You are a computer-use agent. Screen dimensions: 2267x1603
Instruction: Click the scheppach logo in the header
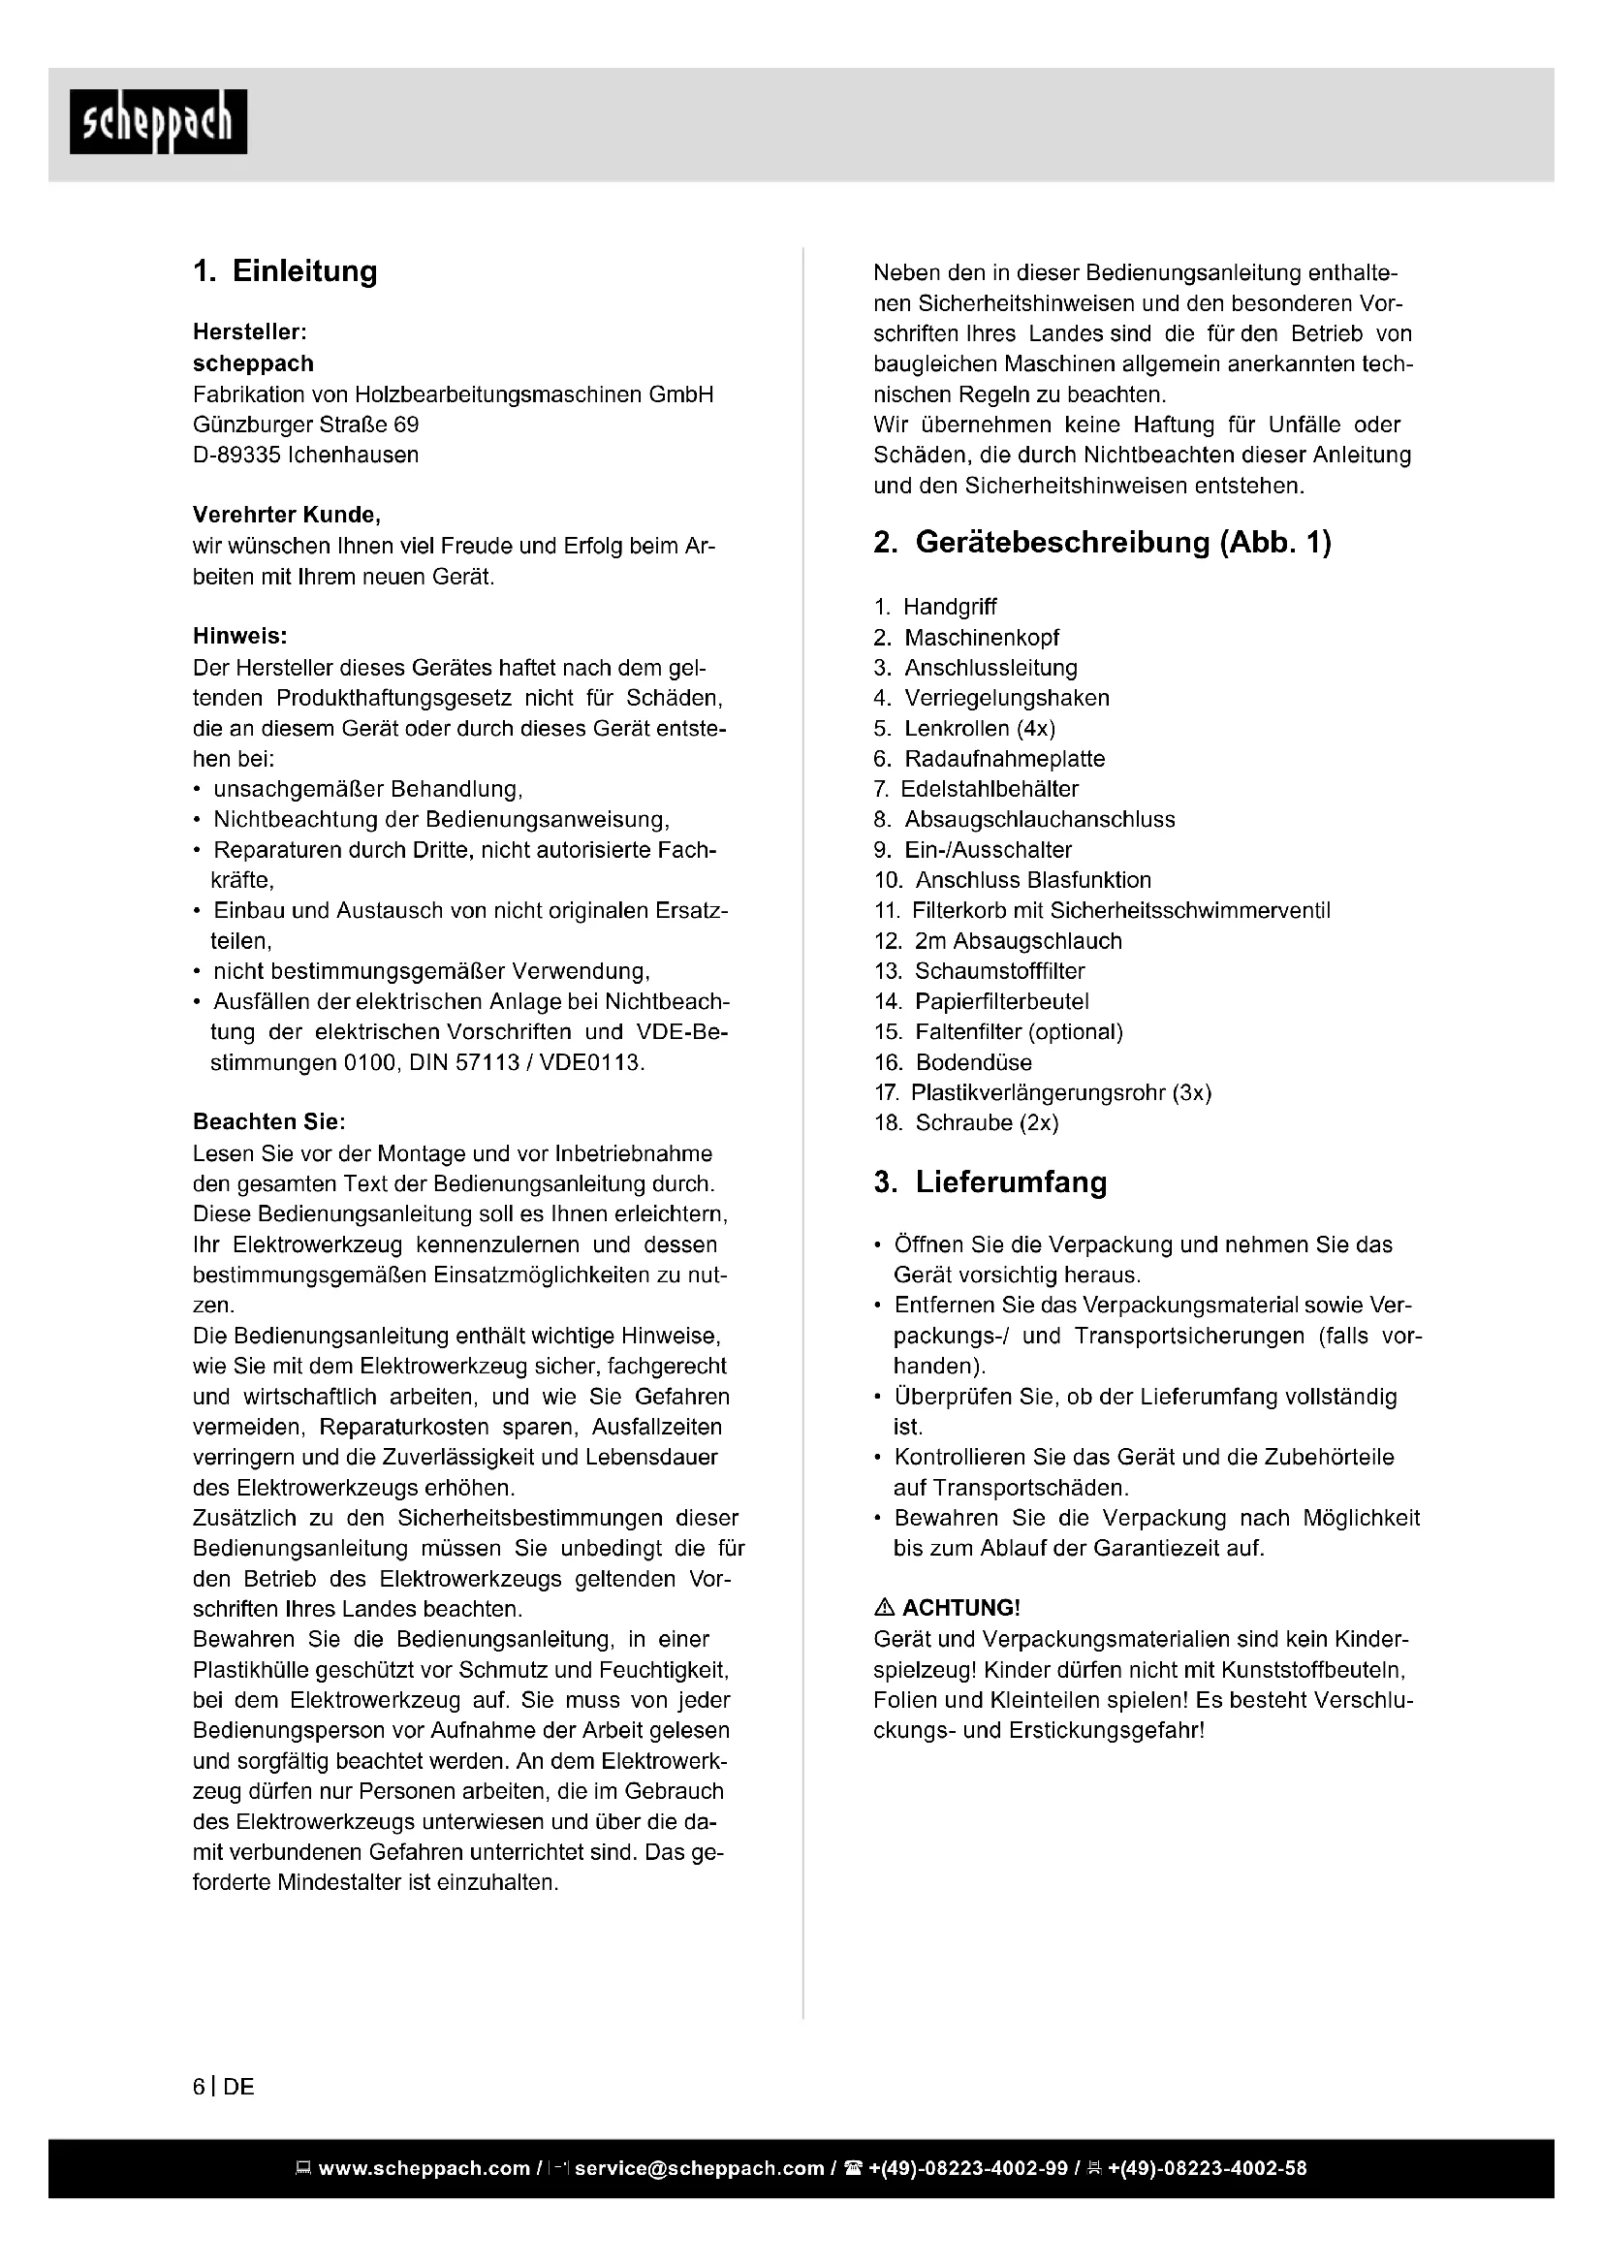(x=158, y=121)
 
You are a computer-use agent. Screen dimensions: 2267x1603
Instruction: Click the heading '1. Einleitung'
(x=285, y=271)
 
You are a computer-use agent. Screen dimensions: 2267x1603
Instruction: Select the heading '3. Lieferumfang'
(x=990, y=1181)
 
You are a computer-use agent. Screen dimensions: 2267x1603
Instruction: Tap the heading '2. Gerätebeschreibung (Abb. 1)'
(x=1102, y=542)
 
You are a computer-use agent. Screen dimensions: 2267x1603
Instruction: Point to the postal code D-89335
(x=235, y=456)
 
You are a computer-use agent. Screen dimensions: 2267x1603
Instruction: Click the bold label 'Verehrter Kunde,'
(x=286, y=515)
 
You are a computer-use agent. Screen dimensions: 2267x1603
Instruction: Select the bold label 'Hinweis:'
(x=239, y=636)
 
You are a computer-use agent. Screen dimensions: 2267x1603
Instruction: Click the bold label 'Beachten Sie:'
(x=268, y=1121)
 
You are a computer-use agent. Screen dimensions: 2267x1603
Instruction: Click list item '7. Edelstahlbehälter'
(x=976, y=789)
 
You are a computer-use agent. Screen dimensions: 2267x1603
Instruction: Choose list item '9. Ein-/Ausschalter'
(x=972, y=849)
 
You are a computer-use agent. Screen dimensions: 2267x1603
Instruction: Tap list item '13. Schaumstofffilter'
(x=979, y=970)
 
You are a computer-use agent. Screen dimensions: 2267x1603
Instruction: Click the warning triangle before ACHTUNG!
(x=885, y=1607)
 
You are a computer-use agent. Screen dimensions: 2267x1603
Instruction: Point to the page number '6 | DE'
(x=223, y=2087)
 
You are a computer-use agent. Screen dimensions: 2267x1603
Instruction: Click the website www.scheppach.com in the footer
(x=424, y=2168)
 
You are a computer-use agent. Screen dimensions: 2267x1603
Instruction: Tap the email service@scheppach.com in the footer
(x=699, y=2168)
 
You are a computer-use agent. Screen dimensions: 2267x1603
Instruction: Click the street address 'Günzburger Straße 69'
(x=305, y=425)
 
